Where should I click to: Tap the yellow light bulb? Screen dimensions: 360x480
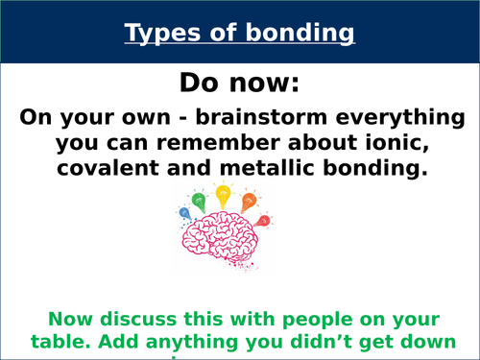tap(224, 195)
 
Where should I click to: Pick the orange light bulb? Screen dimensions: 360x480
tap(249, 201)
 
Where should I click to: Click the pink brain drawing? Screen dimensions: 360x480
tap(224, 242)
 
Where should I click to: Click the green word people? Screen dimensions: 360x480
tap(300, 318)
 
